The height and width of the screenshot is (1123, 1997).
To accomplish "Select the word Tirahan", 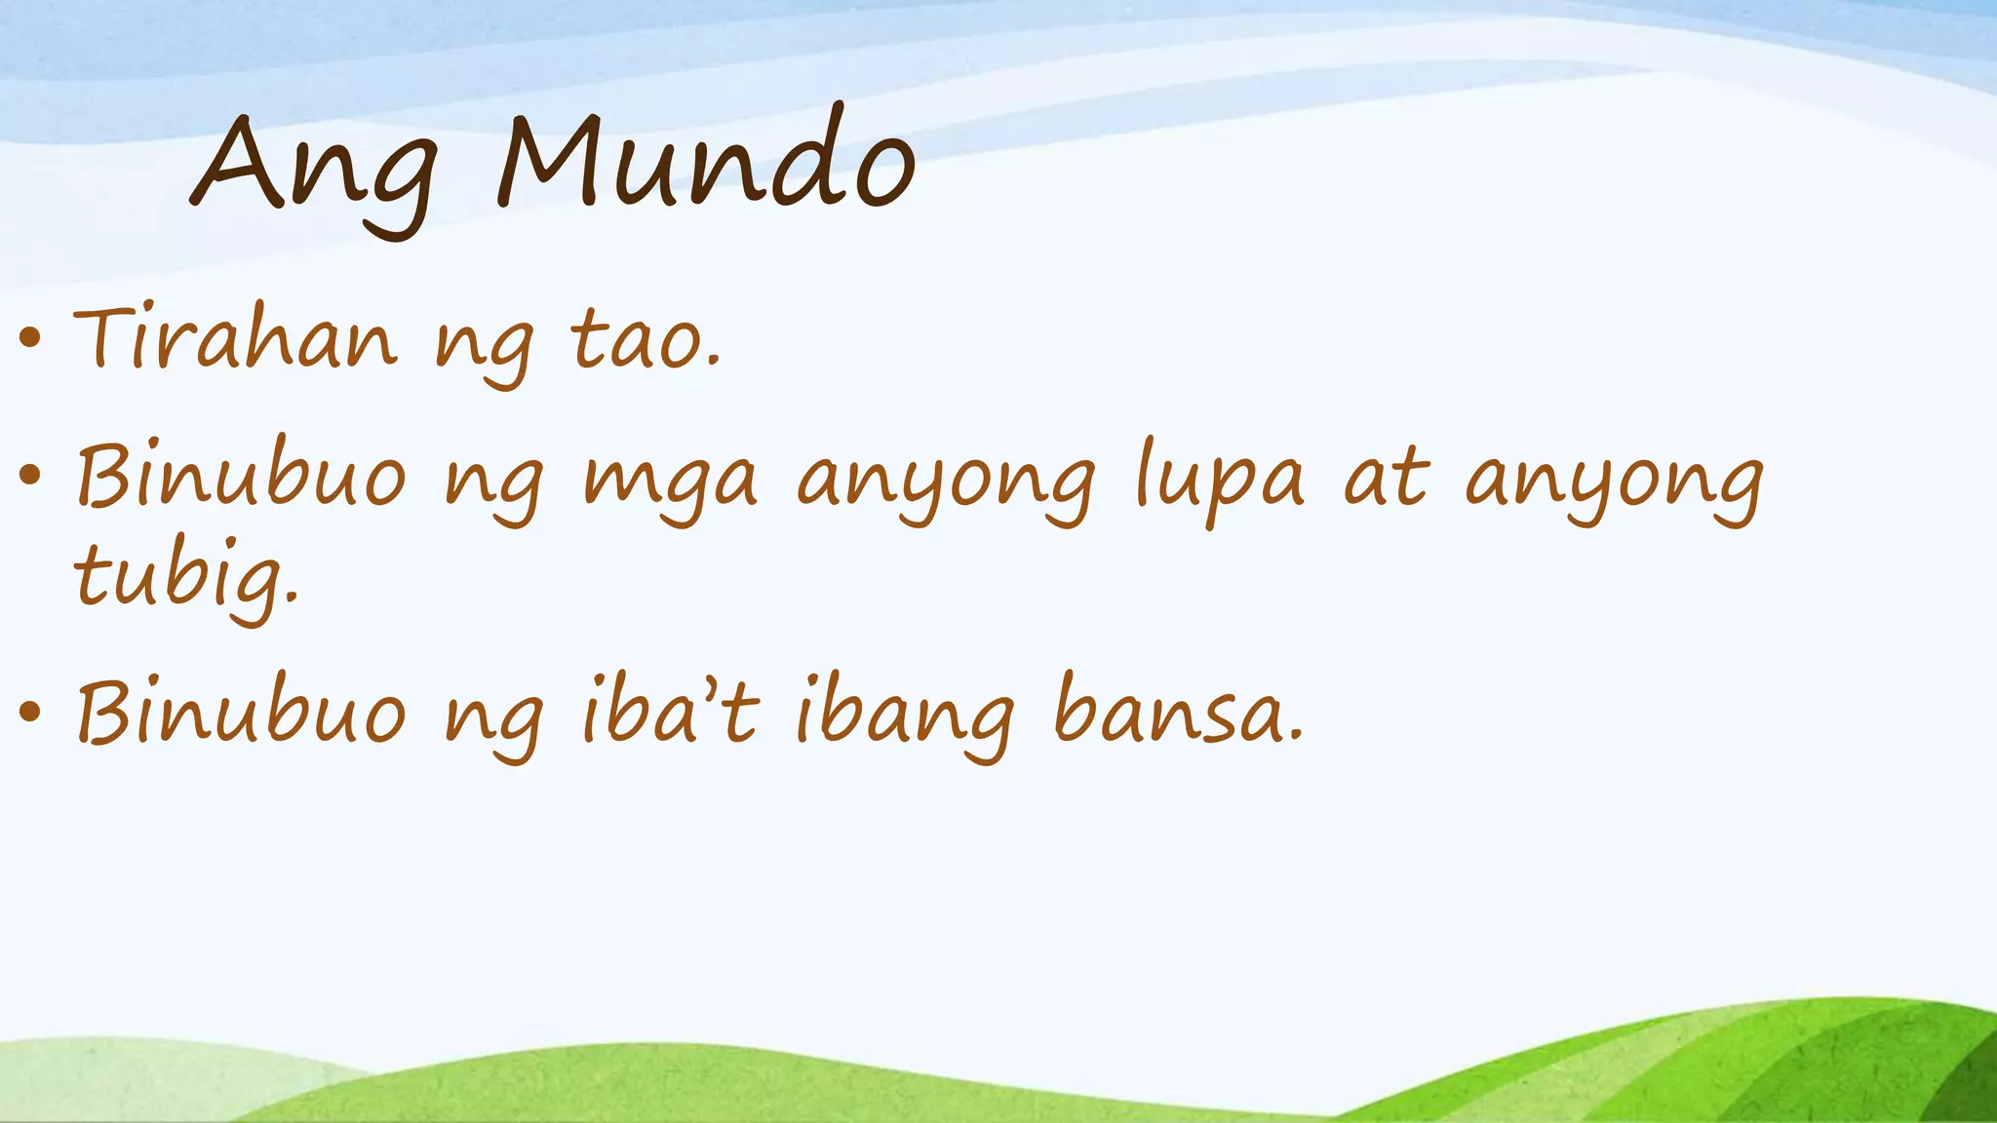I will click(235, 338).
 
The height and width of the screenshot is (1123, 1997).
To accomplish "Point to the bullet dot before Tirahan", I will click(30, 338).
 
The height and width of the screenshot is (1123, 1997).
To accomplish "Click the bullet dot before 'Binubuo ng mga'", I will click(30, 476).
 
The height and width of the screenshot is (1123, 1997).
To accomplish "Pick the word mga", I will click(670, 484).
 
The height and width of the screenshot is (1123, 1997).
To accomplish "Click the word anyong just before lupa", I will click(946, 484).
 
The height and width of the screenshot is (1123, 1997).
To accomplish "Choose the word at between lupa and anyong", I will click(1386, 478).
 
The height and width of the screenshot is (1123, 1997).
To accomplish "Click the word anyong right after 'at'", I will click(1615, 484).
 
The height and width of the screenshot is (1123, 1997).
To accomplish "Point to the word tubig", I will click(185, 577).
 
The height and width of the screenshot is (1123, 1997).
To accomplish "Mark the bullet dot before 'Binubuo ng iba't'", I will click(30, 711).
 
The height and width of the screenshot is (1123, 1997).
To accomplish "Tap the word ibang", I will click(906, 716).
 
